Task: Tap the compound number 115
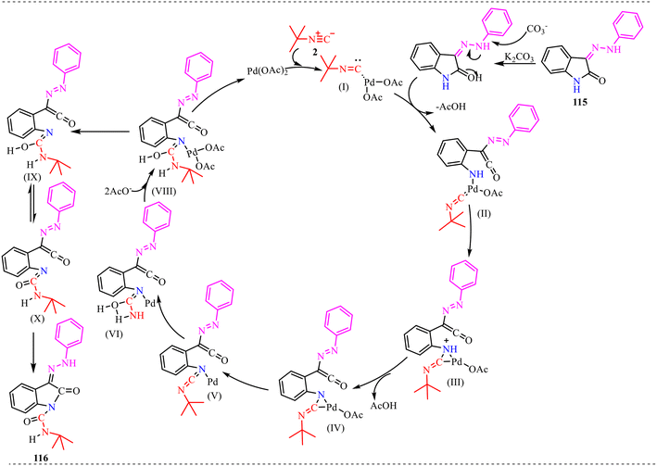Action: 580,102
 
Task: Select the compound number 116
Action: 40,459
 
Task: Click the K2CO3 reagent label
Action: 520,57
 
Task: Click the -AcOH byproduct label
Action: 450,107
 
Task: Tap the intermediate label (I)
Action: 344,88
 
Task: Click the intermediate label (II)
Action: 483,215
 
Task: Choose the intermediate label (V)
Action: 215,396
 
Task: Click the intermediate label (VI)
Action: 114,334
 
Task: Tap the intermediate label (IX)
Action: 32,177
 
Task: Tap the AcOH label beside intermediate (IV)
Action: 384,406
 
